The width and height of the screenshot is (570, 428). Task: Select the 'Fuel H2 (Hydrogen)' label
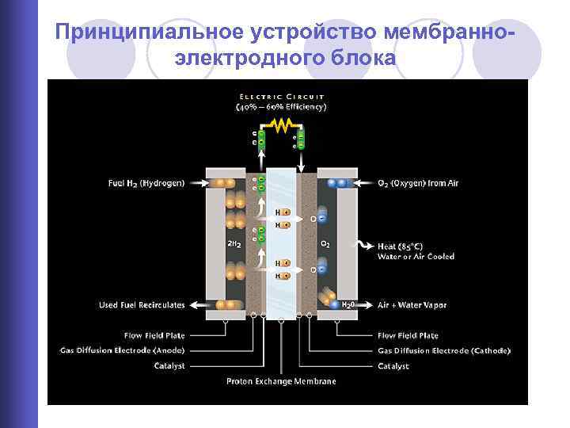pos(146,184)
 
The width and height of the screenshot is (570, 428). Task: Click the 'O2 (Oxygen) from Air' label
pos(418,184)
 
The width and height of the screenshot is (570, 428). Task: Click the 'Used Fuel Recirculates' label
pos(142,304)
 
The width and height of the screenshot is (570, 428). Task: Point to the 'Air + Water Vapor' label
pos(412,304)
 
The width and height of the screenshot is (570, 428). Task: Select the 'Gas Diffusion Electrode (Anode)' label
pos(123,350)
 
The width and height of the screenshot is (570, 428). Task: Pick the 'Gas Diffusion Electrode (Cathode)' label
pos(444,350)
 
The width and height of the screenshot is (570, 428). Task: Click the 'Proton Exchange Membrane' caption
pos(281,381)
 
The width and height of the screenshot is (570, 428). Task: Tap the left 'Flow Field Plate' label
pos(155,335)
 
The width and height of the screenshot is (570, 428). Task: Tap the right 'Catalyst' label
pos(393,366)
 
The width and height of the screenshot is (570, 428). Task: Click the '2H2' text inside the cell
pos(234,244)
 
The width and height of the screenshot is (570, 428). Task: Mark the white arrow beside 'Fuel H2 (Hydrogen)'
pos(198,184)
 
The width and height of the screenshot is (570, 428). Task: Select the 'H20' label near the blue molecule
pos(348,305)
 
